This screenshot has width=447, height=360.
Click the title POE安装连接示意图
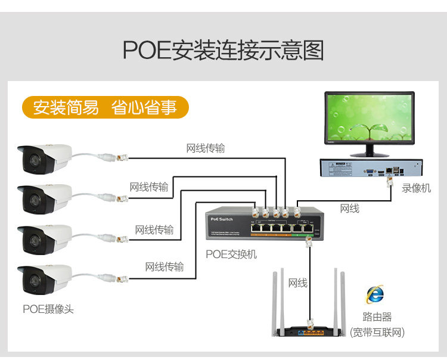[223, 51]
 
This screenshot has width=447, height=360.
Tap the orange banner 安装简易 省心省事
[105, 107]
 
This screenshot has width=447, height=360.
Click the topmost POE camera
[45, 158]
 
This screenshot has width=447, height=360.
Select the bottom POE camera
[45, 279]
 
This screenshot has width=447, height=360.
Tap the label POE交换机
[231, 254]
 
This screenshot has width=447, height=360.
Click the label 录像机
[416, 188]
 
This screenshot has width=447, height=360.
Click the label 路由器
[377, 316]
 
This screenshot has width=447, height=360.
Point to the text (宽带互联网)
[377, 332]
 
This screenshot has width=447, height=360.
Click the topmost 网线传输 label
[206, 148]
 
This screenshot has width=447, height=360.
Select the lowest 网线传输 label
[164, 266]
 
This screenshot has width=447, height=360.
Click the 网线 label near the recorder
[349, 209]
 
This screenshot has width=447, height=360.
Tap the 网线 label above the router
[297, 283]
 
